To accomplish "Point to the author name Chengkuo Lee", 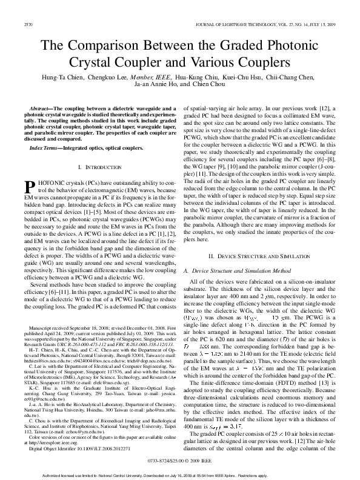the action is pos(111,77).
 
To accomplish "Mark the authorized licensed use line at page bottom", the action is pos(179,475).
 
